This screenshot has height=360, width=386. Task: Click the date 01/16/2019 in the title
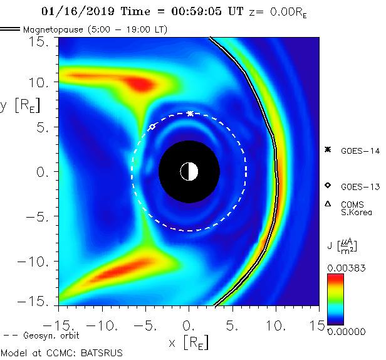pyautogui.click(x=71, y=11)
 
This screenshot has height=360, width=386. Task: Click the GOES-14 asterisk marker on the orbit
pyautogui.click(x=190, y=114)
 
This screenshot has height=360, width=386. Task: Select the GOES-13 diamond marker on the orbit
pyautogui.click(x=152, y=127)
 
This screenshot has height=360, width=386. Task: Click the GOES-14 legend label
pyautogui.click(x=358, y=150)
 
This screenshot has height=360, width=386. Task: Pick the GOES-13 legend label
pyautogui.click(x=358, y=187)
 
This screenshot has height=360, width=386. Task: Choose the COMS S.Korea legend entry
pyautogui.click(x=357, y=208)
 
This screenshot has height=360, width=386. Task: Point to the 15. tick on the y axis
pyautogui.click(x=41, y=41)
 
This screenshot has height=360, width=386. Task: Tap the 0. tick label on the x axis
pyautogui.click(x=189, y=326)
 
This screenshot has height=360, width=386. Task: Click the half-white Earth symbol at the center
pyautogui.click(x=189, y=171)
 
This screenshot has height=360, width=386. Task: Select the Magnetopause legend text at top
pyautogui.click(x=95, y=29)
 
